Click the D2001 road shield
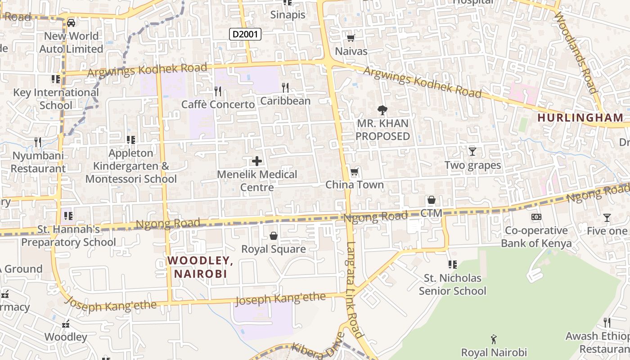(245, 34)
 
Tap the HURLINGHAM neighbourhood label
(580, 118)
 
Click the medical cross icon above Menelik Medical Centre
(257, 161)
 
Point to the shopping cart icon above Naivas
(351, 38)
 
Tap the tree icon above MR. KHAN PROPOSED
(382, 110)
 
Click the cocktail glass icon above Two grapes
(472, 152)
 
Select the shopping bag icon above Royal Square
(273, 236)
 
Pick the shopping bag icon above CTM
(432, 200)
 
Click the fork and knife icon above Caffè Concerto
(218, 91)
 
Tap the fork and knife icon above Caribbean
(285, 87)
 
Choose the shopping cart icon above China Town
(355, 172)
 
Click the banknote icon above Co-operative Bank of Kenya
(536, 217)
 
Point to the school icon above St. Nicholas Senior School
(452, 265)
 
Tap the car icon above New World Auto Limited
(71, 22)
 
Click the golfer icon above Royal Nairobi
(494, 339)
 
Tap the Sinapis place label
(288, 15)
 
